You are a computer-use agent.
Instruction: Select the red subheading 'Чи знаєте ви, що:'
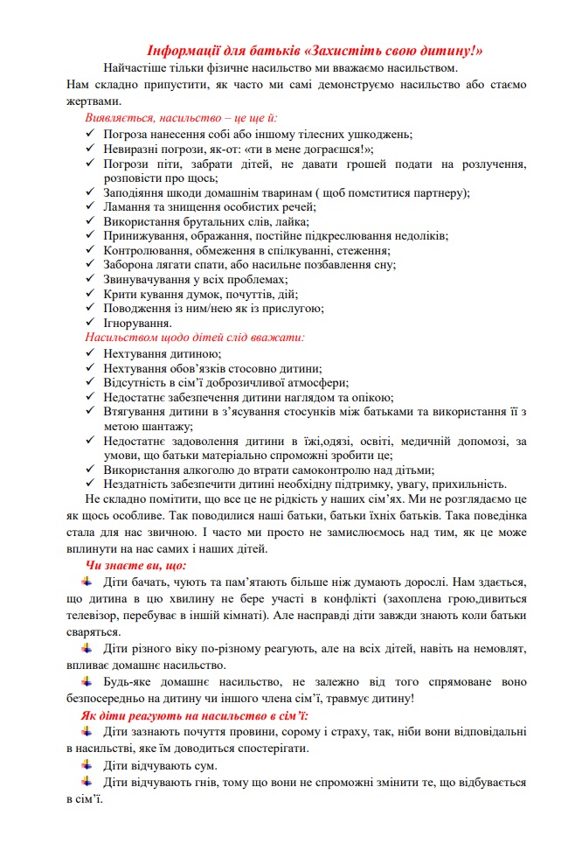130,567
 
